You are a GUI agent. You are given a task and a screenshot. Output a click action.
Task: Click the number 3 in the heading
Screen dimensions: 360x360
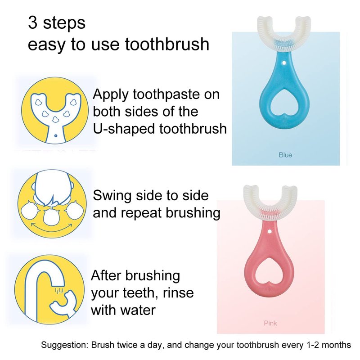coord(32,22)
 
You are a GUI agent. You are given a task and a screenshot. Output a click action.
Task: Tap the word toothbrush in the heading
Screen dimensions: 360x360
coord(167,44)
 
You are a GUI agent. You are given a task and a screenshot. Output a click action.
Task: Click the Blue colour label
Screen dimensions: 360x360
coord(285,155)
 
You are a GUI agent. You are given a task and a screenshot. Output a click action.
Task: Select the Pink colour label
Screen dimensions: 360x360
coord(270,323)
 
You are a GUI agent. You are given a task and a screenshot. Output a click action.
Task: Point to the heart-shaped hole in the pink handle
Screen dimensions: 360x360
coord(269,271)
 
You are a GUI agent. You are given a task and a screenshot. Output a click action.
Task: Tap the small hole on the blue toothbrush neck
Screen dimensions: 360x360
coord(284,63)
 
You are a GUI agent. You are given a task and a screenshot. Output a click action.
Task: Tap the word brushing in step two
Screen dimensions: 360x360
coord(193,213)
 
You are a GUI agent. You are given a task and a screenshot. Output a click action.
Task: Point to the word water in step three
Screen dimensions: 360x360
coord(138,310)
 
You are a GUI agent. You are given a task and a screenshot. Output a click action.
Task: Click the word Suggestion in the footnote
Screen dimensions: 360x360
coord(64,345)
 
